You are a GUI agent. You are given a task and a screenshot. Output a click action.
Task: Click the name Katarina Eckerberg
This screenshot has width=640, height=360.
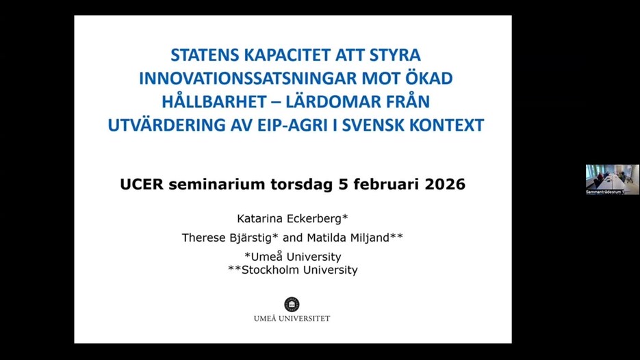click(x=292, y=219)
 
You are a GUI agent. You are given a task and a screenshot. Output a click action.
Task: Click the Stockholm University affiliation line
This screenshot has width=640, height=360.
click(x=292, y=270)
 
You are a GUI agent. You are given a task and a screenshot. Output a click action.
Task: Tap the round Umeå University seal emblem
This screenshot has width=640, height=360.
click(x=292, y=304)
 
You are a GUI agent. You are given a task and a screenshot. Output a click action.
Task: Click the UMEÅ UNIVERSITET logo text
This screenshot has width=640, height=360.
click(x=292, y=318)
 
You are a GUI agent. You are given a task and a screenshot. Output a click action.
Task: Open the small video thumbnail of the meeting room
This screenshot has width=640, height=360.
click(x=612, y=179)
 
